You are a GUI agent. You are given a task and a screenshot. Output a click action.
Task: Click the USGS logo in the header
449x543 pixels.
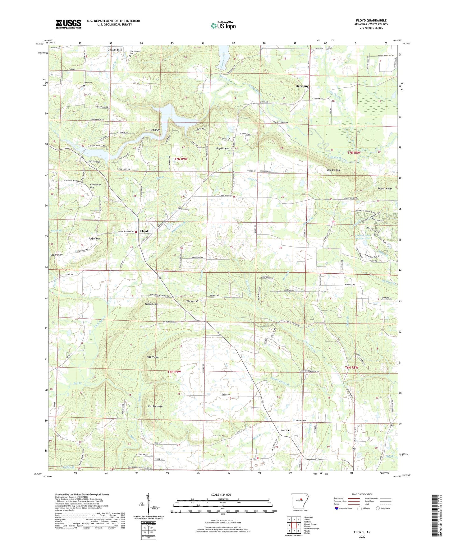(68, 24)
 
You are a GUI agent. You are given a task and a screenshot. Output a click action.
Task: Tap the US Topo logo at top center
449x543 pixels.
(223, 26)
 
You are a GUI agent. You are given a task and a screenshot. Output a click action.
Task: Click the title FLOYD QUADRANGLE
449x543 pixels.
(371, 21)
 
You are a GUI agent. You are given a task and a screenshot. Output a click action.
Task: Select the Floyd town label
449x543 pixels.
(144, 231)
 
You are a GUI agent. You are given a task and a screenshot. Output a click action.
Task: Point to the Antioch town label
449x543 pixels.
(286, 430)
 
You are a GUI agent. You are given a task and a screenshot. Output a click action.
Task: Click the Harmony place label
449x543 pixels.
(302, 86)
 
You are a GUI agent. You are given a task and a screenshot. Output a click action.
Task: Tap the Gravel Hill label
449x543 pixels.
(115, 50)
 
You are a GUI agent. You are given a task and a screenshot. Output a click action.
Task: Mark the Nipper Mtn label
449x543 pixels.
(153, 357)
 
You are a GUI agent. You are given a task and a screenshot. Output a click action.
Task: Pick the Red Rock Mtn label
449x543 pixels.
(155, 406)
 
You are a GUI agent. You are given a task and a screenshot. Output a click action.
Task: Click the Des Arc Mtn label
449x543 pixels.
(333, 170)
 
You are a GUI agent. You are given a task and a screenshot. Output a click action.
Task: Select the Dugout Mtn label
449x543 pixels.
(222, 148)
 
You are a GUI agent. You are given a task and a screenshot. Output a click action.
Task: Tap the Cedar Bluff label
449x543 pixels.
(57, 255)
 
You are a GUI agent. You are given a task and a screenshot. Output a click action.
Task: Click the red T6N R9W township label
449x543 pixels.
(174, 372)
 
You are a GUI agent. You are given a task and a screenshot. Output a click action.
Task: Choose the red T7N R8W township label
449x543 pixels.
(354, 153)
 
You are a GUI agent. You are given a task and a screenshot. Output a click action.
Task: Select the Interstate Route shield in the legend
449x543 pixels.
(337, 508)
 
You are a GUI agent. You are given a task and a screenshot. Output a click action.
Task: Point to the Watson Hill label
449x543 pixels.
(192, 301)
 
